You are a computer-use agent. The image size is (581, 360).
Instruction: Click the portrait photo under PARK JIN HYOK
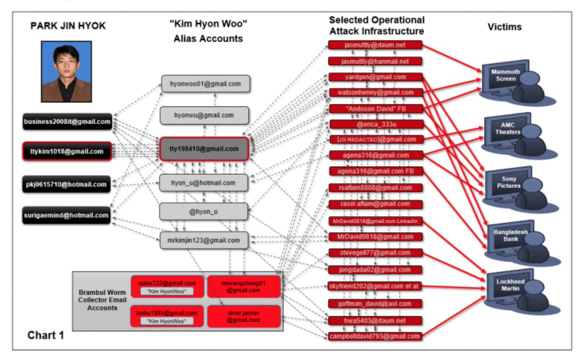point(66,71)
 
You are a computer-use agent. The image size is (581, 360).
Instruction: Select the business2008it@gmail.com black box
point(67,122)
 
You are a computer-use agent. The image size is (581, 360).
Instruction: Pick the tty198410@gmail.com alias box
point(204,149)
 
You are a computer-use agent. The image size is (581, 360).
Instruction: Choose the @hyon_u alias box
point(204,211)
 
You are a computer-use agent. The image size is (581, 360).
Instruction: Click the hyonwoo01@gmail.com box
point(205,84)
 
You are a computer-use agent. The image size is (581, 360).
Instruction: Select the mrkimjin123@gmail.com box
point(204,240)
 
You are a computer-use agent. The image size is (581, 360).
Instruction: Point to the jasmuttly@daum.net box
point(375,45)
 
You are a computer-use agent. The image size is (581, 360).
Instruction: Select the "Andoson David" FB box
point(375,109)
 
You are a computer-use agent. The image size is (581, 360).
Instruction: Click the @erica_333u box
point(375,124)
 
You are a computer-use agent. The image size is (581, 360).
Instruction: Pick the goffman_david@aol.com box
point(375,304)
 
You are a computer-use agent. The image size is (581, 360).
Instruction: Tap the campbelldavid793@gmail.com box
point(375,336)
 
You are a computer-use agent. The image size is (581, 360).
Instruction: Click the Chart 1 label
point(46,335)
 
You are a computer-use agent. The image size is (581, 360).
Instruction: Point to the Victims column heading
point(504,27)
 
